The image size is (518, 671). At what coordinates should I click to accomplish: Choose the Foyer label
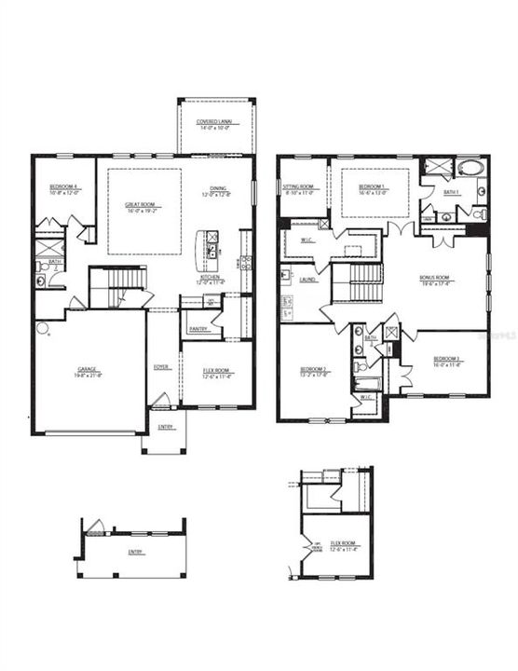click(x=161, y=367)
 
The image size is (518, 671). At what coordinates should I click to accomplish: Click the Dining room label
click(x=218, y=189)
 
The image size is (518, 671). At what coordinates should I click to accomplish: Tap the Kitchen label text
click(x=209, y=277)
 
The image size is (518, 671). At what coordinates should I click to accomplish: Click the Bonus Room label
click(x=434, y=279)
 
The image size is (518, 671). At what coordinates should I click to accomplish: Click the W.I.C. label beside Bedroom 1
click(x=307, y=241)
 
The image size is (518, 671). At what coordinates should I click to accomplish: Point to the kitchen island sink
click(x=211, y=252)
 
